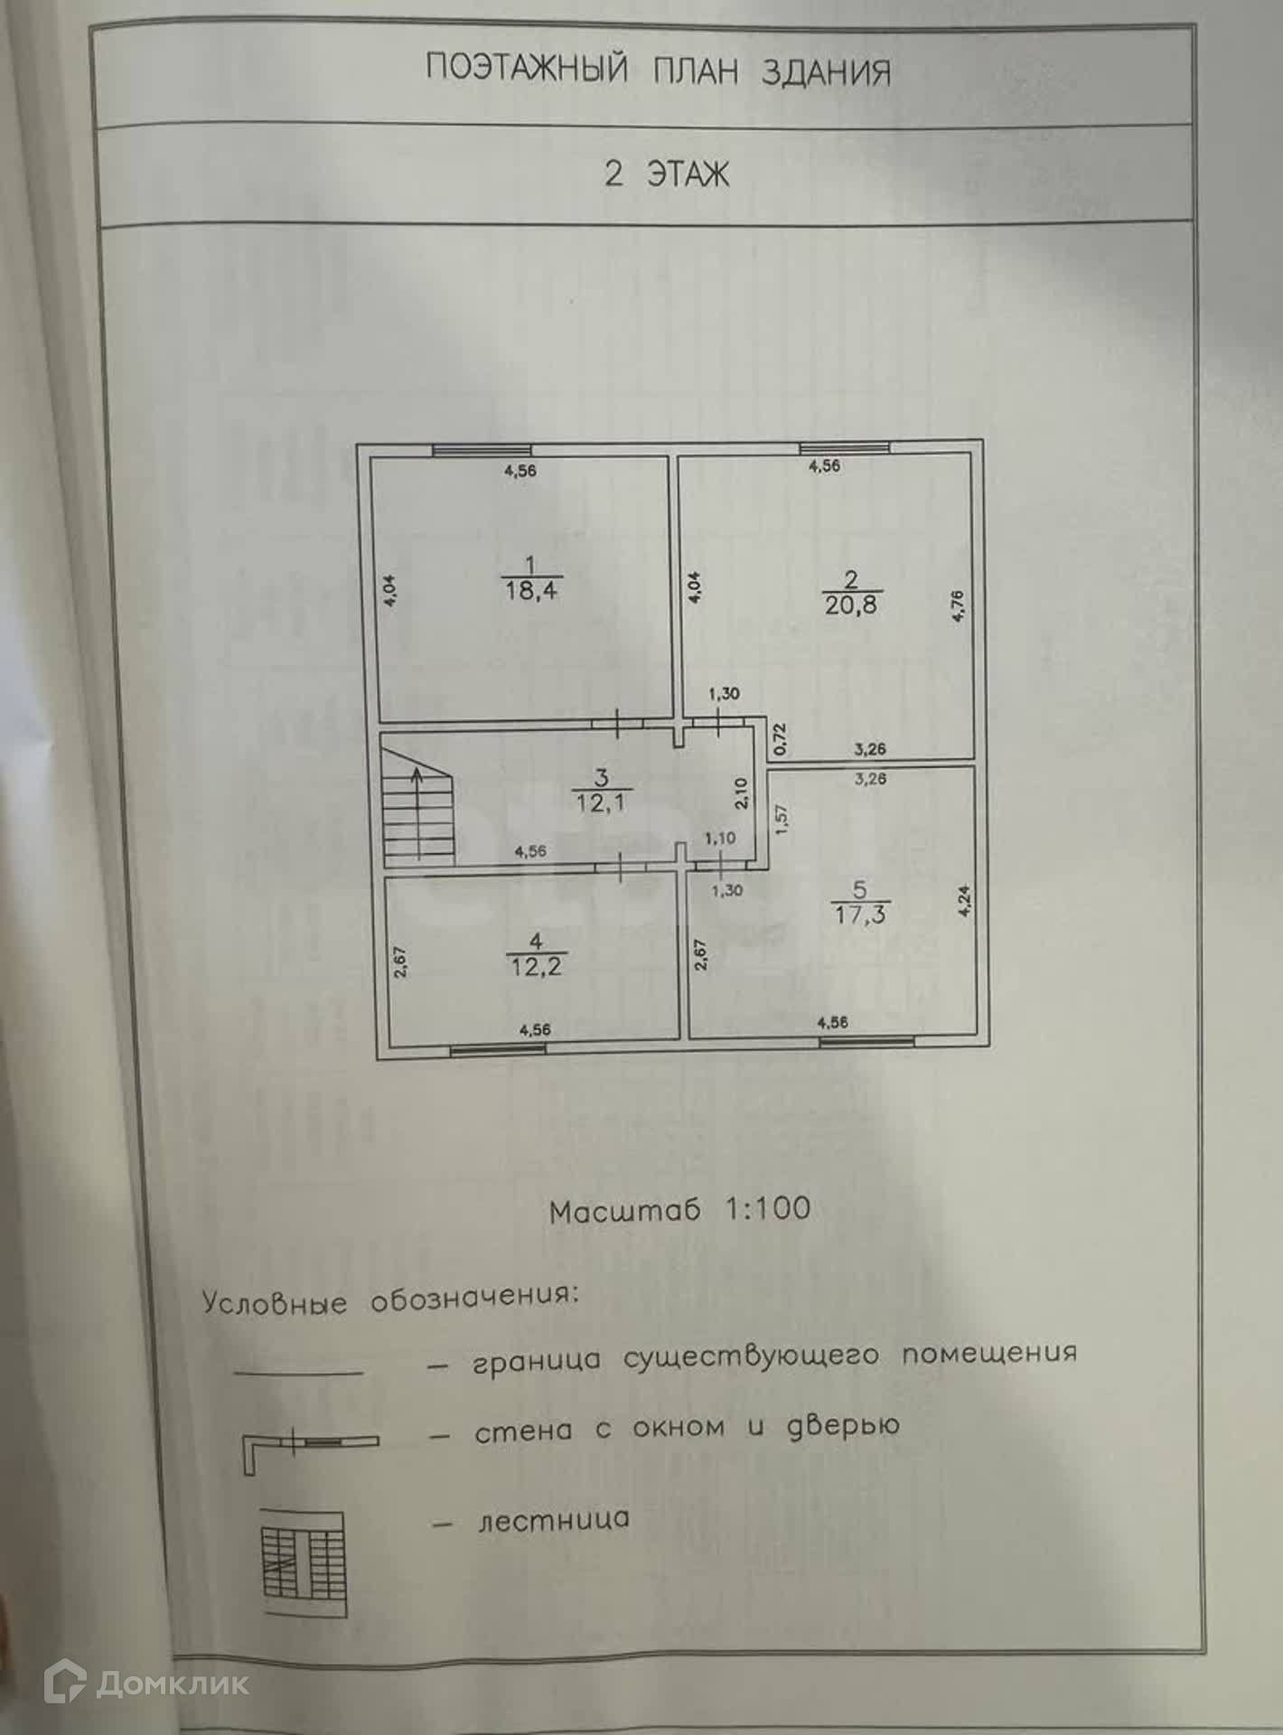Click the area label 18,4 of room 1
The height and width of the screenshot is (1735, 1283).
point(531,591)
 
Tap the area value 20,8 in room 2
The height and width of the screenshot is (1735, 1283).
point(850,605)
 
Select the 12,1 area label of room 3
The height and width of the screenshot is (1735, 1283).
point(601,802)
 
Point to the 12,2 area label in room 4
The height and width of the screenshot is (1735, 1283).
point(536,967)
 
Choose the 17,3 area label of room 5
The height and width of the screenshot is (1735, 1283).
point(860,914)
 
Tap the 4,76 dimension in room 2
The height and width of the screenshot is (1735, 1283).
point(959,605)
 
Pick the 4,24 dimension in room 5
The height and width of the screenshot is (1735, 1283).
point(964,901)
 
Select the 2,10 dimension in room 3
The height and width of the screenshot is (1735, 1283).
point(741,793)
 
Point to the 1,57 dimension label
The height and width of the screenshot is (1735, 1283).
point(782,819)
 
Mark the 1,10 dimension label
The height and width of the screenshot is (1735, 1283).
point(720,839)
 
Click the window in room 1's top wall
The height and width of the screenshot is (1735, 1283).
point(482,450)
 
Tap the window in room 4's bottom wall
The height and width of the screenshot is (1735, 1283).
point(498,1049)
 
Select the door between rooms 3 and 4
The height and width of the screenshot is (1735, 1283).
point(622,867)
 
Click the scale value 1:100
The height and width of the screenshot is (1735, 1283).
point(768,1209)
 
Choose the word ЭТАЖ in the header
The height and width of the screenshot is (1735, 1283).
point(688,173)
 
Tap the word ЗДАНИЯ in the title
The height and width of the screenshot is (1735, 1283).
point(826,71)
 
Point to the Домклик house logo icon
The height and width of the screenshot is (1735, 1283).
point(65,1683)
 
